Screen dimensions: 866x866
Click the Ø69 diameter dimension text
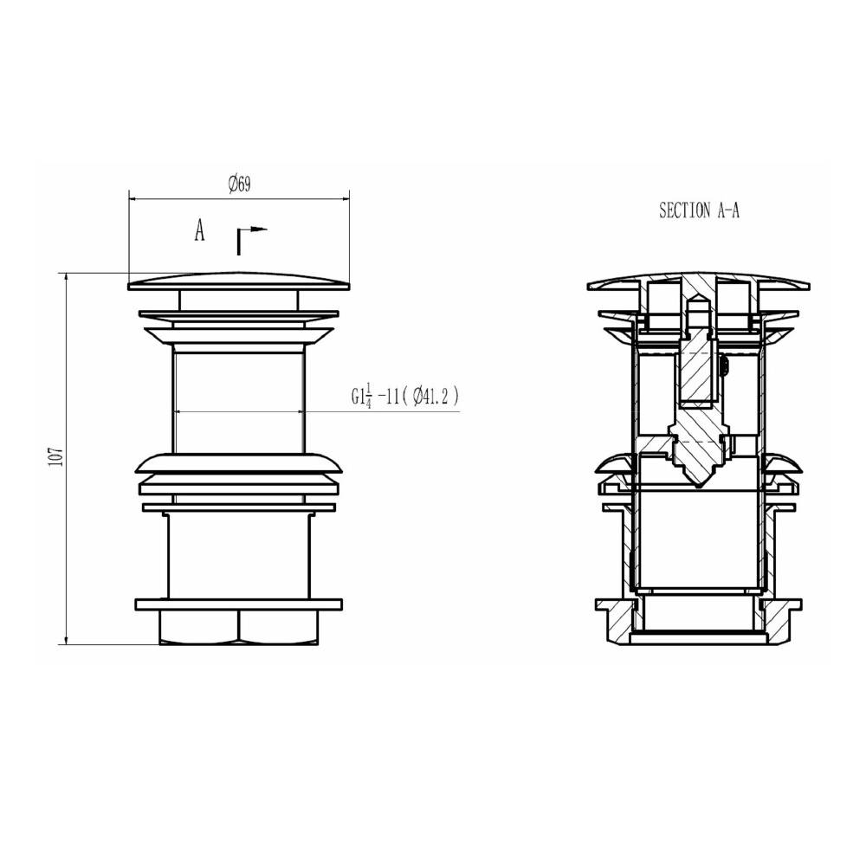[x=239, y=184]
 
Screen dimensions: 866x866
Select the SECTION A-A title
[x=699, y=210]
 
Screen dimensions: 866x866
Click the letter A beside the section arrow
[x=199, y=231]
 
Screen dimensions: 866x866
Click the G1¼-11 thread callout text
[x=373, y=396]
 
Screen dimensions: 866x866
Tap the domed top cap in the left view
[x=239, y=281]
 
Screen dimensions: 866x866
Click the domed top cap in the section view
[x=698, y=279]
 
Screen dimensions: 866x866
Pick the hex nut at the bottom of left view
[x=239, y=629]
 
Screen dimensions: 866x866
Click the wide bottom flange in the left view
[x=239, y=605]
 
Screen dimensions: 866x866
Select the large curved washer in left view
[x=239, y=462]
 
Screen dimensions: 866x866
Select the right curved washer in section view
[x=785, y=468]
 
